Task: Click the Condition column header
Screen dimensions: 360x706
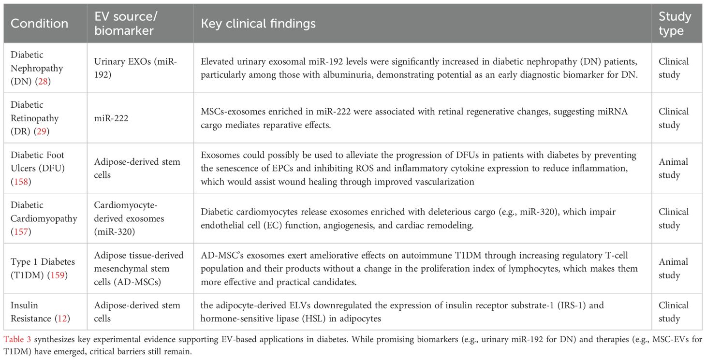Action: (39, 24)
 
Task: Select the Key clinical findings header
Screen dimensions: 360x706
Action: (258, 24)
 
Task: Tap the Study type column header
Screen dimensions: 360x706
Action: (675, 24)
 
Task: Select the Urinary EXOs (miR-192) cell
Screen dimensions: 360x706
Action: (125, 68)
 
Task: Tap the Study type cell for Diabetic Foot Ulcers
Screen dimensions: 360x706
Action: (673, 168)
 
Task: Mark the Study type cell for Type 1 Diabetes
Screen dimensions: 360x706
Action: (673, 268)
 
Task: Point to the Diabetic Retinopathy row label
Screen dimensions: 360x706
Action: (34, 118)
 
